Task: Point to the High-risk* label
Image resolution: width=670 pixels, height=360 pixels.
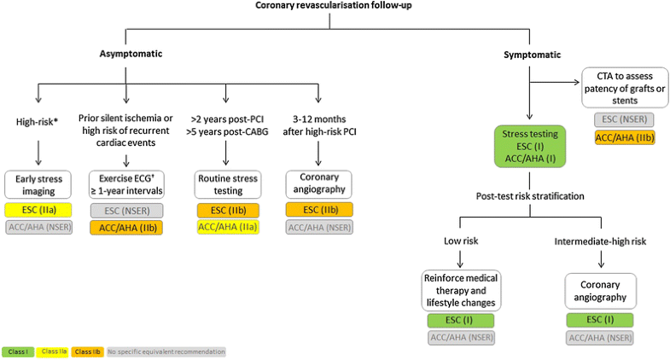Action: click(38, 122)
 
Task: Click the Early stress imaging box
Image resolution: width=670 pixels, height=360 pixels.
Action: click(38, 184)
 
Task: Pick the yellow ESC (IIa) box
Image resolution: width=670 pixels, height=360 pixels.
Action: click(38, 210)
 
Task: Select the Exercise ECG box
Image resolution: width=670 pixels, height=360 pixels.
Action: click(126, 184)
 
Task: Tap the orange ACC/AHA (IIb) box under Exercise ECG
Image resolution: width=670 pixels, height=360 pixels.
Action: click(126, 228)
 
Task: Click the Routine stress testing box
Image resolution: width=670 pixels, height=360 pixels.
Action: click(226, 184)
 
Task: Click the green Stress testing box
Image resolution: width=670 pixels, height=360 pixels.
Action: click(530, 147)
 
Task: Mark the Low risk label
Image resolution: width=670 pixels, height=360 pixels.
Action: click(460, 241)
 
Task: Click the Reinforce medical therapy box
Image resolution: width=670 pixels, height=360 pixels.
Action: click(460, 292)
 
